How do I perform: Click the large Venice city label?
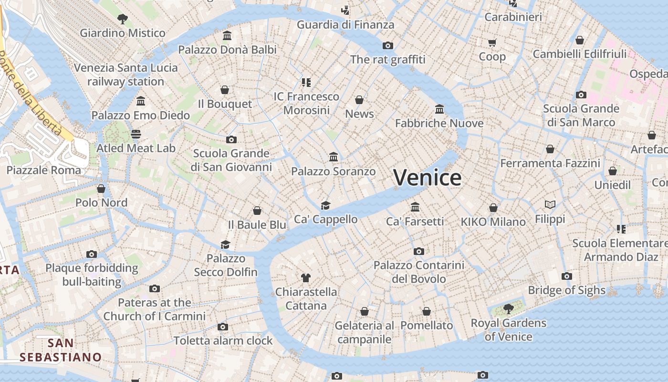click(x=428, y=178)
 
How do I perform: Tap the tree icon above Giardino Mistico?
click(x=123, y=19)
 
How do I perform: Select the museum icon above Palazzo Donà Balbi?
click(x=227, y=36)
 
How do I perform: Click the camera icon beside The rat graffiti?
click(x=388, y=45)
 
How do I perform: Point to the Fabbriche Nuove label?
click(x=439, y=123)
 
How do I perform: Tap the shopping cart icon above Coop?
click(x=492, y=43)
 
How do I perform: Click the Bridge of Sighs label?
click(x=566, y=290)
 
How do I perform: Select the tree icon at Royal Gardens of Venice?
click(x=509, y=308)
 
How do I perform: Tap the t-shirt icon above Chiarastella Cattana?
click(x=306, y=277)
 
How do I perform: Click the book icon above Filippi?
click(x=550, y=205)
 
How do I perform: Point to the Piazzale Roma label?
click(x=43, y=170)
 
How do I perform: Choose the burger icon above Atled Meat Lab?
click(x=136, y=134)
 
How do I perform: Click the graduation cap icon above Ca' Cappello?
click(x=325, y=205)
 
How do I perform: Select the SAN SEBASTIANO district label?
click(x=61, y=350)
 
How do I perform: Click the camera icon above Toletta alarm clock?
click(x=223, y=327)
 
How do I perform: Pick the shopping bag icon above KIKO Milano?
click(x=493, y=208)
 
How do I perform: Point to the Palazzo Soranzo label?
click(x=333, y=171)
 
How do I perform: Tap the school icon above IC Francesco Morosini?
click(x=306, y=82)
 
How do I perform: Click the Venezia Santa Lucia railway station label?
click(x=125, y=74)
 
